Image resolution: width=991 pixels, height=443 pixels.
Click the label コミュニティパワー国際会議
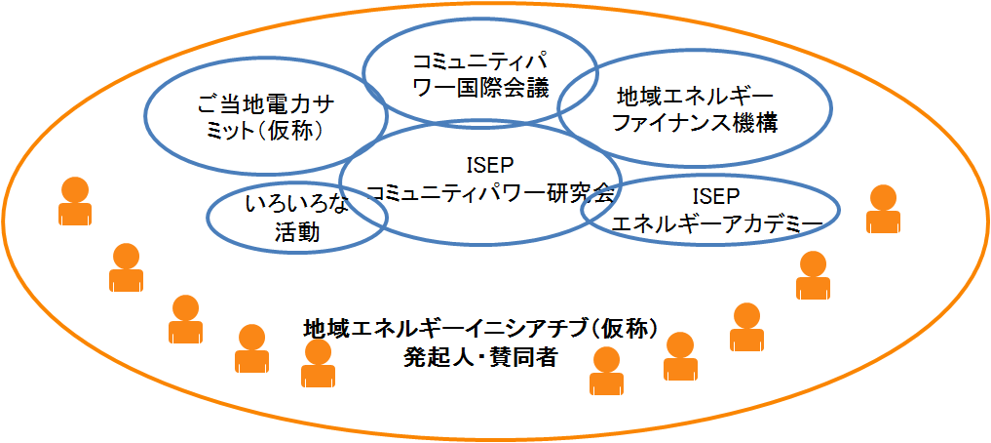[480, 73]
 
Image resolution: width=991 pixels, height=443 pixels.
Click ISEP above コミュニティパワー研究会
[481, 165]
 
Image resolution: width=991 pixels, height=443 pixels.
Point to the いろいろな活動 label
[297, 218]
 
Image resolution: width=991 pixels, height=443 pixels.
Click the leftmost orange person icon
[75, 201]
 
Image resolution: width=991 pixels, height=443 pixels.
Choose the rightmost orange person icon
[883, 210]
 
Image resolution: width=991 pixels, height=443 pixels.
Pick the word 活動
[297, 231]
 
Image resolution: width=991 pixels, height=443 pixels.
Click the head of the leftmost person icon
[75, 189]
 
